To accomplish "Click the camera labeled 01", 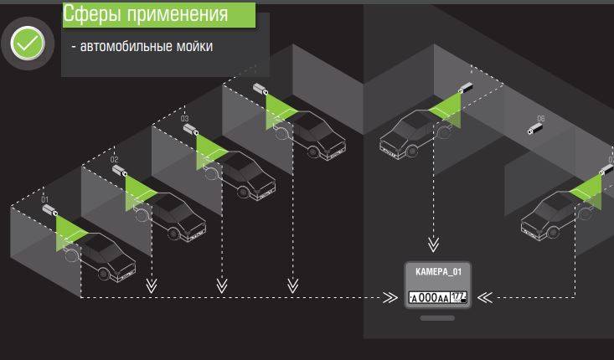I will [49, 212].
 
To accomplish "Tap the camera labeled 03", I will [190, 130].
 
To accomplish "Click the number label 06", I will [541, 118].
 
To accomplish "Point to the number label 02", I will [115, 159].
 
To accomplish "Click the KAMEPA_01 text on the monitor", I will [437, 272].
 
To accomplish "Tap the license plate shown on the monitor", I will [437, 296].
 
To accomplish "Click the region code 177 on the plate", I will [458, 296].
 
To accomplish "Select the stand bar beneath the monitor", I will [436, 318].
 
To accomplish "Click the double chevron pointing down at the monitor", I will [433, 244].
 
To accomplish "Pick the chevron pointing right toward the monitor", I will [389, 297].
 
